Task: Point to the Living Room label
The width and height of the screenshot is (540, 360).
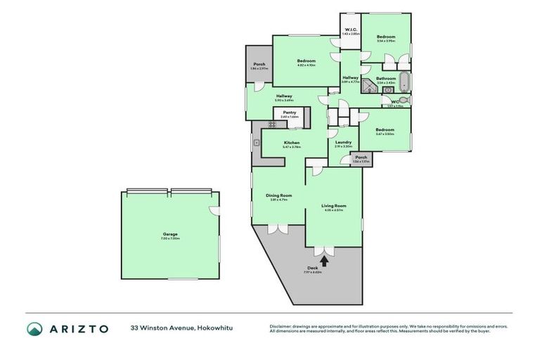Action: coord(334,206)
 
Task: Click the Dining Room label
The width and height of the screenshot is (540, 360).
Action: coord(278,195)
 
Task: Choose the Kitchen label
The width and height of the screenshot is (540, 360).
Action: coord(292,143)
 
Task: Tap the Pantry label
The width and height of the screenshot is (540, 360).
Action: coord(289,112)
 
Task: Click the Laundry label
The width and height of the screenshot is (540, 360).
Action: coord(343,143)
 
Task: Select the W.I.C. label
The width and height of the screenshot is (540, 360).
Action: coord(349,30)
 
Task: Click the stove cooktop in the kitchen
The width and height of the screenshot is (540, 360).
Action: coord(273,125)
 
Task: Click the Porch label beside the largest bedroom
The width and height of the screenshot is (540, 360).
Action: coord(259,65)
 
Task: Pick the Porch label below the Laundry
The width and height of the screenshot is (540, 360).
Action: coord(361,157)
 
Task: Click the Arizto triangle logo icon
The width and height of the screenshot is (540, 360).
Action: coord(35,328)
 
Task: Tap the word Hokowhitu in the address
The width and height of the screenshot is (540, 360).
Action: coord(215,328)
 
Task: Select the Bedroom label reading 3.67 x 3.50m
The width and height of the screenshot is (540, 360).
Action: coord(385,130)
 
